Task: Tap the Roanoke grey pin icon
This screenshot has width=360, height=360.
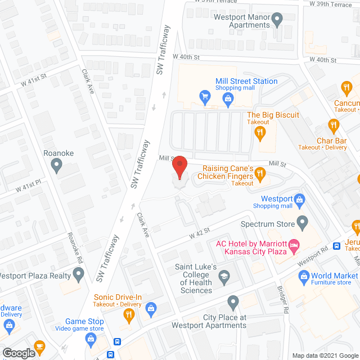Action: [x=56, y=165]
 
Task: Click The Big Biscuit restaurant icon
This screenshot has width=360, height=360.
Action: [x=259, y=133]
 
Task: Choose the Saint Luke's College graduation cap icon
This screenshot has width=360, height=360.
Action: [x=224, y=276]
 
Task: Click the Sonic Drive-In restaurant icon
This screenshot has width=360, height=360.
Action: [x=128, y=316]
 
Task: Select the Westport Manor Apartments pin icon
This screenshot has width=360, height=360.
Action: [x=277, y=22]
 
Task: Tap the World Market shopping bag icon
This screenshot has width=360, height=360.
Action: [x=304, y=276]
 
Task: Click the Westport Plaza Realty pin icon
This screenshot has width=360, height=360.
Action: [x=78, y=275]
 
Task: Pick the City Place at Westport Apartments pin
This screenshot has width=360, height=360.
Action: [x=233, y=301]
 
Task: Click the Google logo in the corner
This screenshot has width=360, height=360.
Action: [x=18, y=353]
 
